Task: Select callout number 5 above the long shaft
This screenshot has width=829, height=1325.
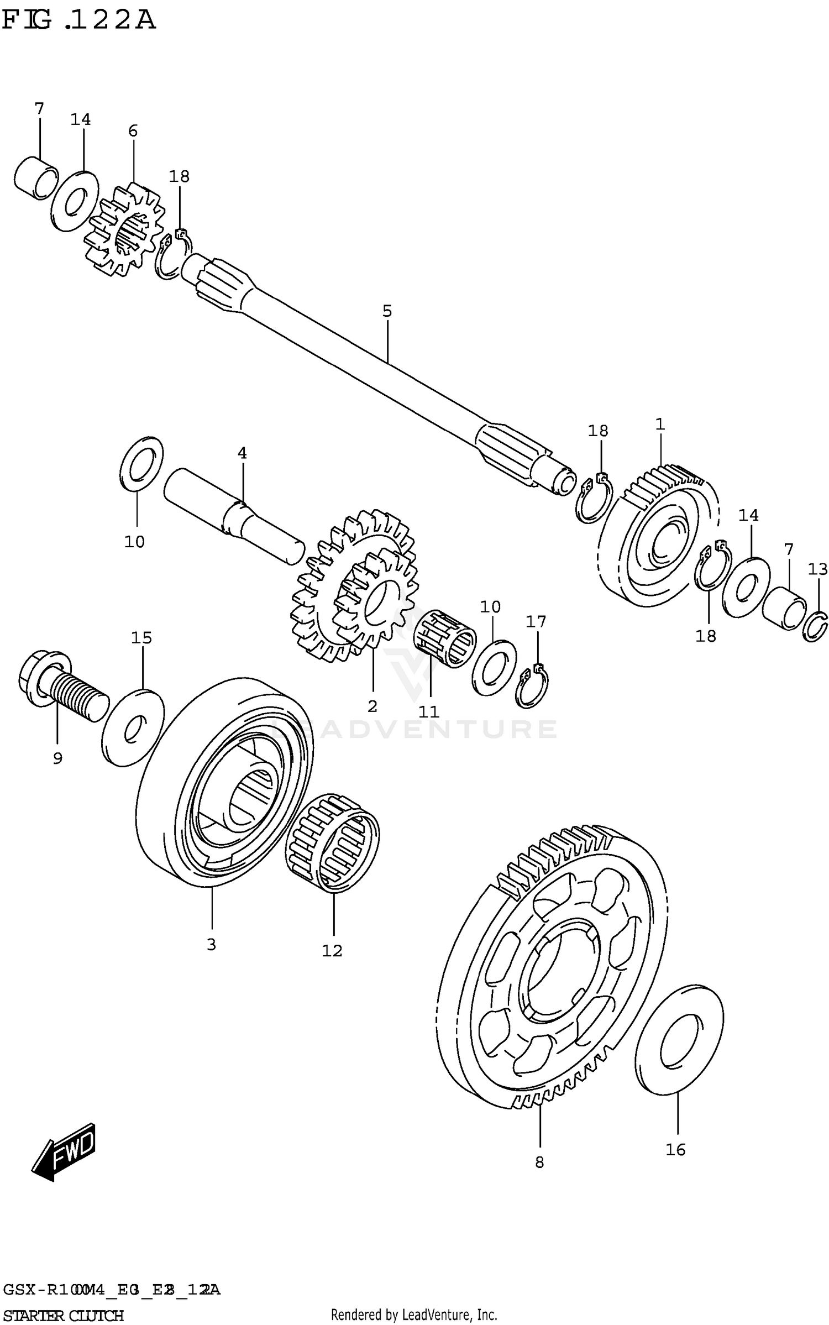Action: (x=387, y=311)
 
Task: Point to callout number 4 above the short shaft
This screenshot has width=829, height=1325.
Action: (x=242, y=453)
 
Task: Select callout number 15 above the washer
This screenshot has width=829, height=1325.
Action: (x=141, y=637)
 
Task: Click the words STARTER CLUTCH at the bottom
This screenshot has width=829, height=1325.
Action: (x=64, y=1314)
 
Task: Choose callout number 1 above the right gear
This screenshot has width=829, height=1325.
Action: (x=660, y=424)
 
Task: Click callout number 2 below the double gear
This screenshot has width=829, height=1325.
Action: (x=372, y=706)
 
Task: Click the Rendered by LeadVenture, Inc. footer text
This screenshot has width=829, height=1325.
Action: (x=414, y=1314)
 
